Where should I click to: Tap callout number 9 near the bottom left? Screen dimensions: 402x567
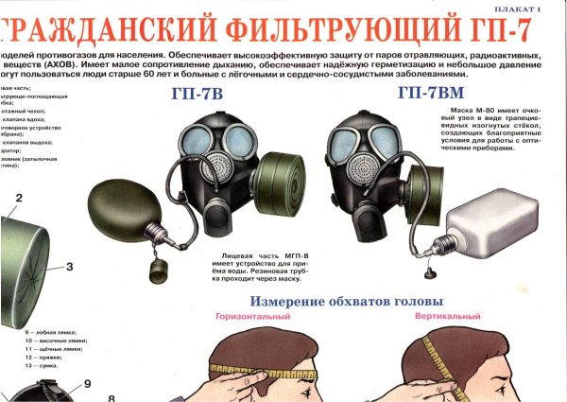coord(86,384)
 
